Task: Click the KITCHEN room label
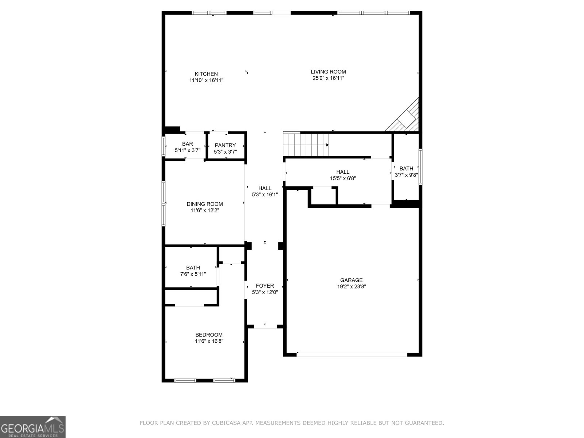tap(206, 74)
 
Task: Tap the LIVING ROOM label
tap(328, 72)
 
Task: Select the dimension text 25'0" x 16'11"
tap(328, 78)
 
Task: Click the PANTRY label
tap(225, 145)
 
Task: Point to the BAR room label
tap(187, 144)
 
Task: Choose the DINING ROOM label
tap(204, 204)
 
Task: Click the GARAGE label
tap(351, 280)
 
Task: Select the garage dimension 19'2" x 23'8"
tap(351, 287)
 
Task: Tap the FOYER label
tap(265, 286)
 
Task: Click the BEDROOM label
tap(209, 335)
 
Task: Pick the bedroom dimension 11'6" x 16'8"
tap(209, 341)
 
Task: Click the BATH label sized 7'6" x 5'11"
tap(193, 268)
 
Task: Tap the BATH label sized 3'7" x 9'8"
tap(406, 168)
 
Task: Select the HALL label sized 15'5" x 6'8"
tap(342, 172)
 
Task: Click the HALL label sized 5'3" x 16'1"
tap(265, 188)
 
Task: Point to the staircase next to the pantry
tap(306, 144)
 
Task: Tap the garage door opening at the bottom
tap(352, 354)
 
